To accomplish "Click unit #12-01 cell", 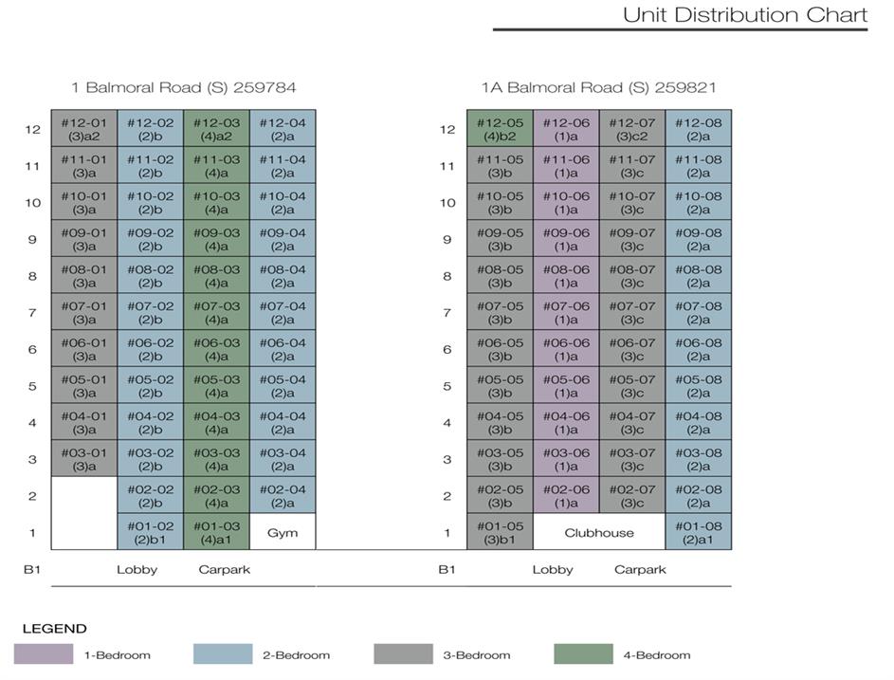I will pos(83,129).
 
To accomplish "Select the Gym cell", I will pos(283,532).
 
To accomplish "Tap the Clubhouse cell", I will pos(599,532).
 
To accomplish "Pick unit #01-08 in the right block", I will pos(698,532).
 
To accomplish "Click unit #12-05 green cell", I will pos(500,129).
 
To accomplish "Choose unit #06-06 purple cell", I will pos(566,349).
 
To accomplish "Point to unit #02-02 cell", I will pos(150,496).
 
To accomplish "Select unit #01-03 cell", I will pos(216,532).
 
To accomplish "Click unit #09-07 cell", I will pos(631,239).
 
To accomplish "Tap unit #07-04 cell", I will pos(283,312).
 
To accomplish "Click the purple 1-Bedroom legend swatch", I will pos(44,654).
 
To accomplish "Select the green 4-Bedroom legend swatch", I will pos(583,654).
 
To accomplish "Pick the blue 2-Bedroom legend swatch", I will pos(223,654).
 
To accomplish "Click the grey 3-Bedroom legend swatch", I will pos(403,654).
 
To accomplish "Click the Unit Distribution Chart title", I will pos(744,15).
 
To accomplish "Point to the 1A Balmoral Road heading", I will pos(598,87).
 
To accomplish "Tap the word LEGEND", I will pos(54,628).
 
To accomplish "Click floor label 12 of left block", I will pos(32,130).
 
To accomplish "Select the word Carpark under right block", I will pos(640,570).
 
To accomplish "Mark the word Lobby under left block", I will pos(137,570).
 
